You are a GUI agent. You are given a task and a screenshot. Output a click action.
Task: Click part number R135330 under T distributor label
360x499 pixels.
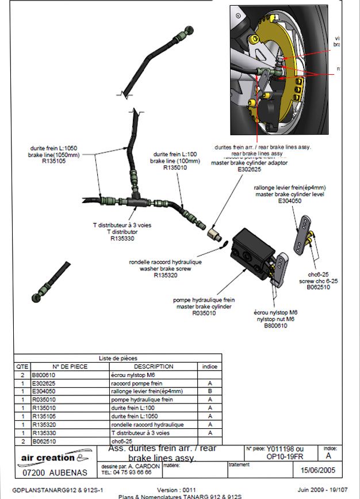coord(122,237)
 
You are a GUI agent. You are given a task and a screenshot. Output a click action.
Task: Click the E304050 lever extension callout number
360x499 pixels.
coord(290,201)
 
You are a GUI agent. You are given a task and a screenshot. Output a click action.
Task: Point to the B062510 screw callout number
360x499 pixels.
coord(318,287)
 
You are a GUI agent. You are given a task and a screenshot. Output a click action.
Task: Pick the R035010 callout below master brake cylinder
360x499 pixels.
coord(204,314)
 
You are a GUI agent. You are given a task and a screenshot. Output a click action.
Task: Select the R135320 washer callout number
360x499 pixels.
coord(165,275)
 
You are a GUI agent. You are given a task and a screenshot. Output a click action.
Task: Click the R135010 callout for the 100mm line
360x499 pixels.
coord(175,168)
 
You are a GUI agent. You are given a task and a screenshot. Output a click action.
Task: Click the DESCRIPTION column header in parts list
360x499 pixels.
coord(153,366)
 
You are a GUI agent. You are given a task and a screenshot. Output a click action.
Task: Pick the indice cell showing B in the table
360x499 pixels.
coord(210,391)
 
